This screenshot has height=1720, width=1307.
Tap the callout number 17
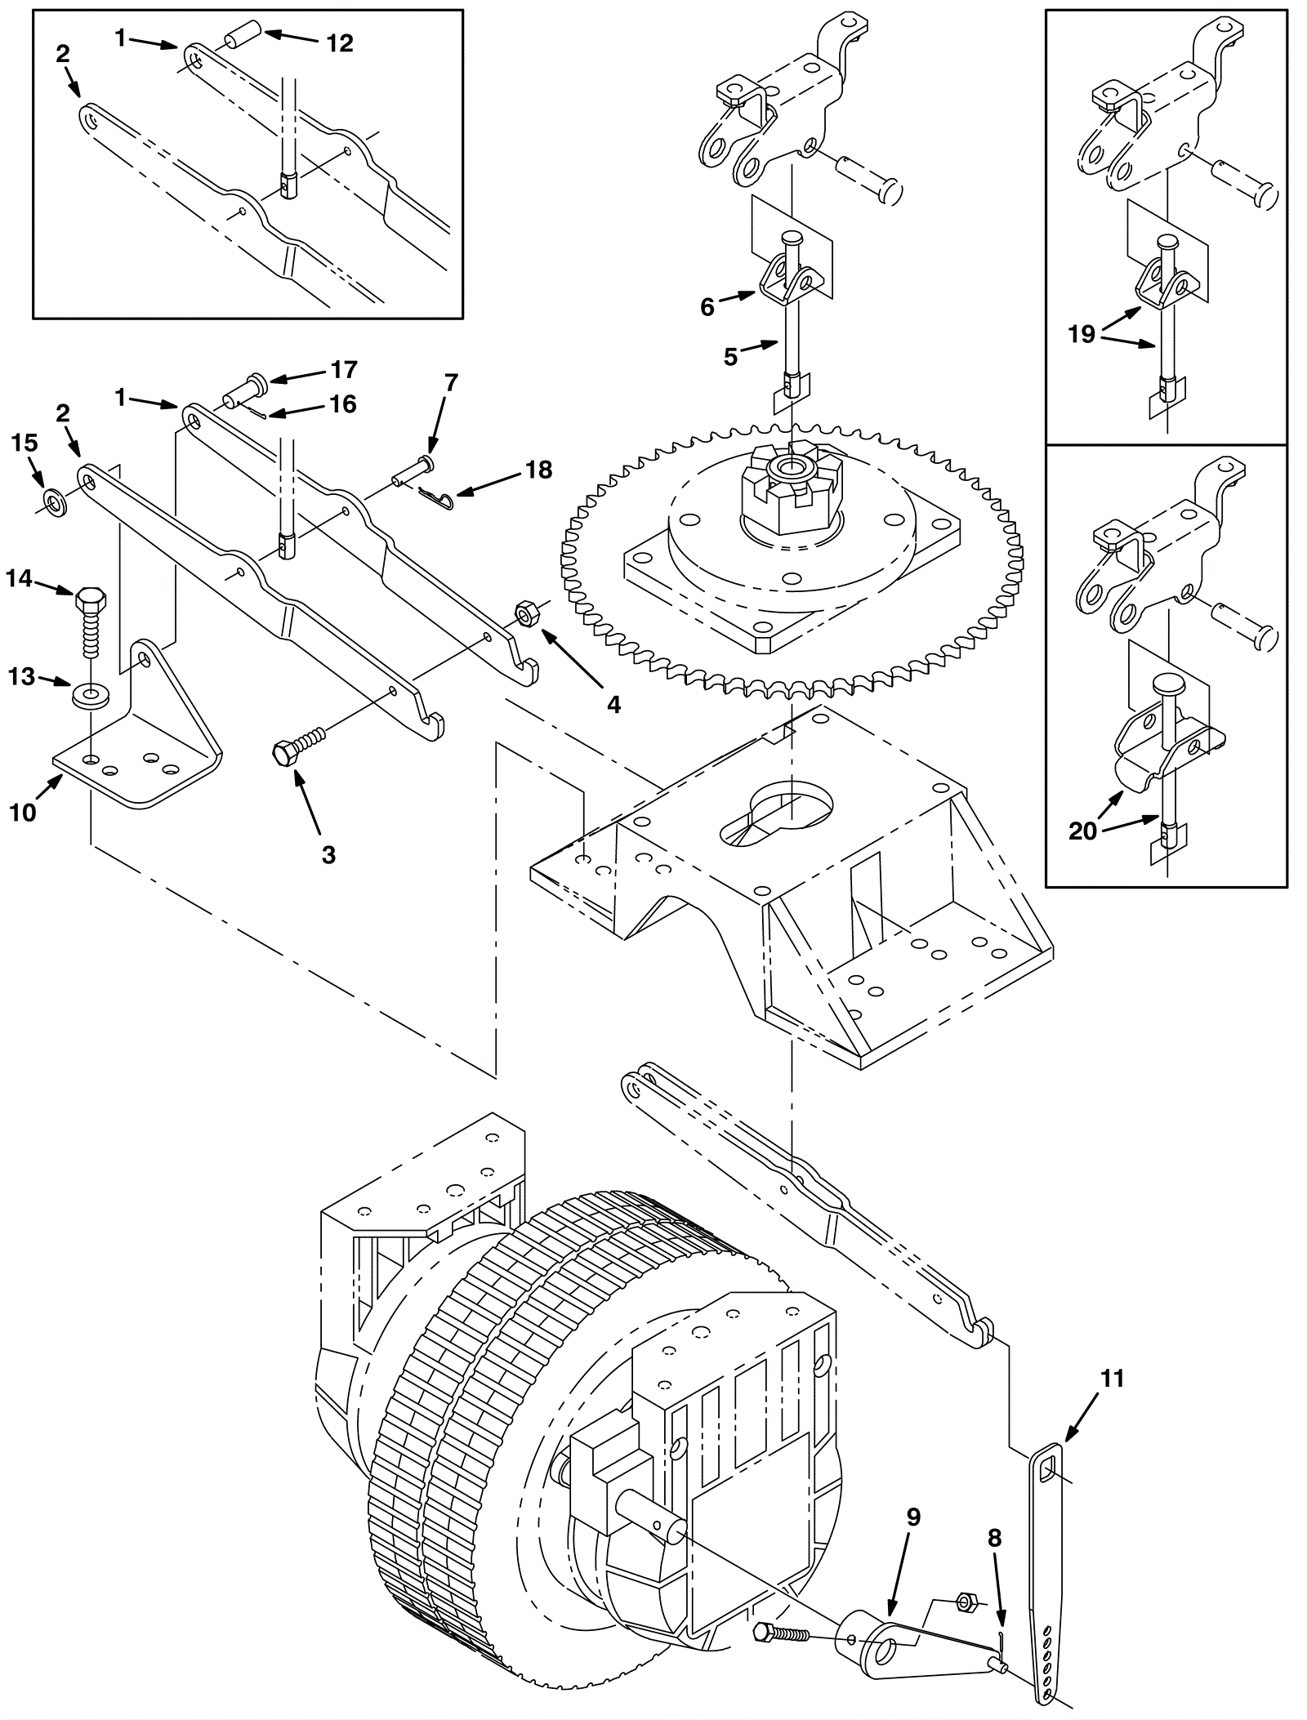click(344, 370)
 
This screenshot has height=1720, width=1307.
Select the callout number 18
click(538, 470)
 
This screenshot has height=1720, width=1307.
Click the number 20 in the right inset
click(1082, 831)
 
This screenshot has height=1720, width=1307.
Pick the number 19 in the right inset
click(1082, 334)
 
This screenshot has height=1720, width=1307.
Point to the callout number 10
click(23, 813)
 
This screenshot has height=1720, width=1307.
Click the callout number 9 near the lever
click(913, 1517)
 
